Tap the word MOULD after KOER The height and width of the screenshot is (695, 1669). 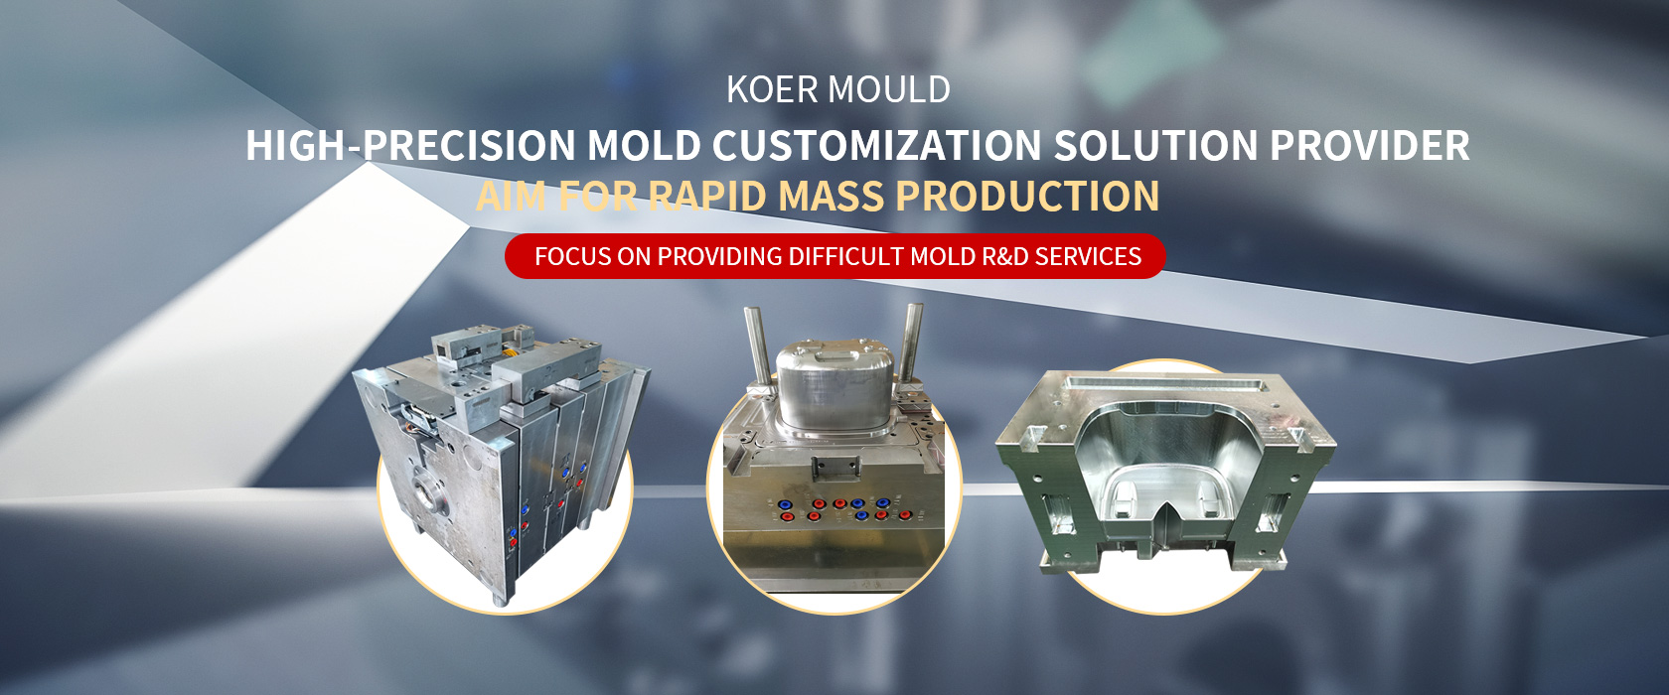click(x=889, y=90)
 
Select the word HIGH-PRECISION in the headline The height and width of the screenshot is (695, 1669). click(x=410, y=145)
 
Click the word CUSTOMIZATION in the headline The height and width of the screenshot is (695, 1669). click(x=876, y=145)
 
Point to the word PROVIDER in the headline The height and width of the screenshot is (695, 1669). click(x=1369, y=145)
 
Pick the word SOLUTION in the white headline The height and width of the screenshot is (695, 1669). click(x=1155, y=145)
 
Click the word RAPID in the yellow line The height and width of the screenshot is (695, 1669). click(x=707, y=196)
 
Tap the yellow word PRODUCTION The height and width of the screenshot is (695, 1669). click(x=1027, y=196)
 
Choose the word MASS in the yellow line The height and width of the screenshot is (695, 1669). click(x=831, y=196)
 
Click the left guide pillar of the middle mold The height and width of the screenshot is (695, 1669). click(x=756, y=346)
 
